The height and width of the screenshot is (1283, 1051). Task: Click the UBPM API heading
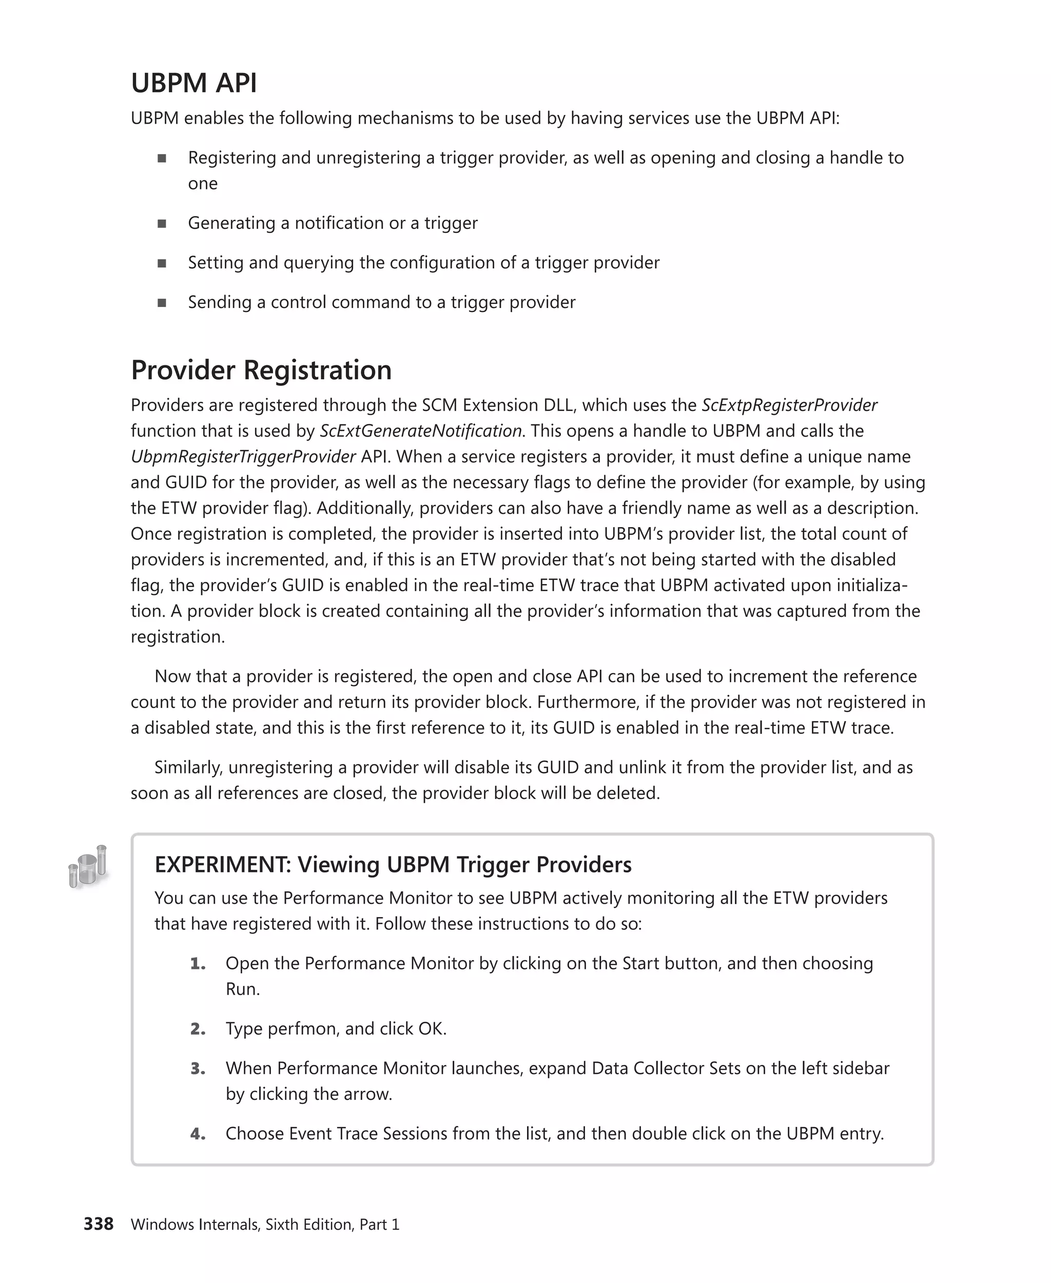point(194,83)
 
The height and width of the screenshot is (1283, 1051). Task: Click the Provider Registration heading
point(261,370)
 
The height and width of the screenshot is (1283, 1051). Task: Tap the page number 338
point(98,1223)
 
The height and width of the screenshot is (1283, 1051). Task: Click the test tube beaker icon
point(88,867)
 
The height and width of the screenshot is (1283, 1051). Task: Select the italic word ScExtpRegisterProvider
point(789,405)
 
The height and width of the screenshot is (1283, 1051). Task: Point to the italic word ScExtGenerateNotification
point(420,431)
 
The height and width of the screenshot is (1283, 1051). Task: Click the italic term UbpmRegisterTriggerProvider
point(243,457)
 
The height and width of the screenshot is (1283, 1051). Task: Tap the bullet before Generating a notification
point(162,223)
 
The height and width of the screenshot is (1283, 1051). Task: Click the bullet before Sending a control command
point(162,302)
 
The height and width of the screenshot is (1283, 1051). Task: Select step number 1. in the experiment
point(198,963)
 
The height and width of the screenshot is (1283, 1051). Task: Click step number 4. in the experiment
point(198,1134)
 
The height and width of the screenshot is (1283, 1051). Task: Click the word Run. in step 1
point(242,989)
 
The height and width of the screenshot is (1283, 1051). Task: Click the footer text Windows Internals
point(196,1224)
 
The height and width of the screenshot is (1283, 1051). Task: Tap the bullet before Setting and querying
point(162,263)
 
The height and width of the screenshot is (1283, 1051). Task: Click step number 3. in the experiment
point(198,1068)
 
